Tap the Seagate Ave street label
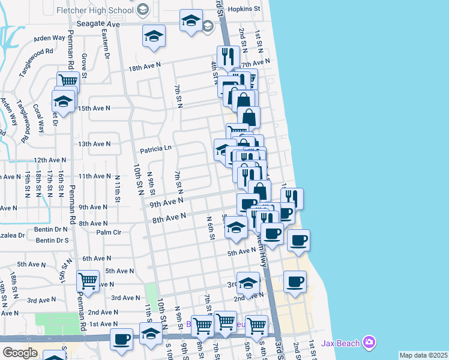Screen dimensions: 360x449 click(98, 23)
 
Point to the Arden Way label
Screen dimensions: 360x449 click(49, 38)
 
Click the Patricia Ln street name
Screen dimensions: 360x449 click(155, 148)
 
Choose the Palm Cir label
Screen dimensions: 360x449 click(109, 232)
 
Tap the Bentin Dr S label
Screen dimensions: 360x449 click(52, 241)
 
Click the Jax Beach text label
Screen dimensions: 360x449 click(340, 343)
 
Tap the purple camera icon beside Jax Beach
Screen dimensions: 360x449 click(369, 343)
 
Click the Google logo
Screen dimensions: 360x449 click(20, 353)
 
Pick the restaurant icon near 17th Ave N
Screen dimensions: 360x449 click(227, 56)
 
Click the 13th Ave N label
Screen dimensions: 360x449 click(94, 144)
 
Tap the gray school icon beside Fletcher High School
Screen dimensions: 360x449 click(142, 10)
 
